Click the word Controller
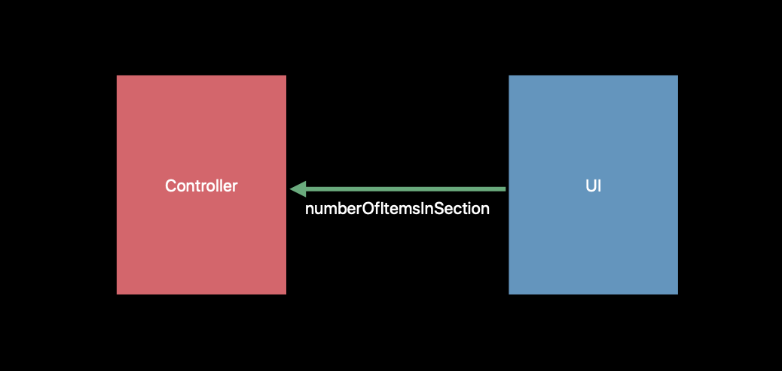201,185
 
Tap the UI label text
593,185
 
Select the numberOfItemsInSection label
397,209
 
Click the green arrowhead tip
290,189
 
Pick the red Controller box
201,185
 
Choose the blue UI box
593,185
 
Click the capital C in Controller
171,185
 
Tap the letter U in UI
591,185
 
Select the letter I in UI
600,185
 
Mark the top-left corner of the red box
117,75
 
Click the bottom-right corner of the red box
286,295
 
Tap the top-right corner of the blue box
678,75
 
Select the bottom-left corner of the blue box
509,295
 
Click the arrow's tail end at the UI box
506,189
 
